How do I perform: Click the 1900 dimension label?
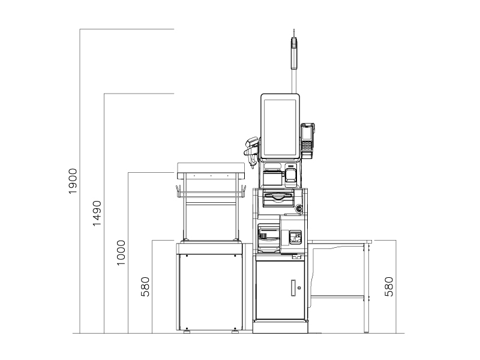73,181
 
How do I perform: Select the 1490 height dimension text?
97,214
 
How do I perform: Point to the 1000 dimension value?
121,253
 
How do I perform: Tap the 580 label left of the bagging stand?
145,287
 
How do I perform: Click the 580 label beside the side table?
389,287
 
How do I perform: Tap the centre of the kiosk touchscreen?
280,127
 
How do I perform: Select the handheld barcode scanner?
252,151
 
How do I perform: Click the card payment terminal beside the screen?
307,141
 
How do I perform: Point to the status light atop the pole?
294,52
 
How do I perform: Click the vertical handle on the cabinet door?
293,288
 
